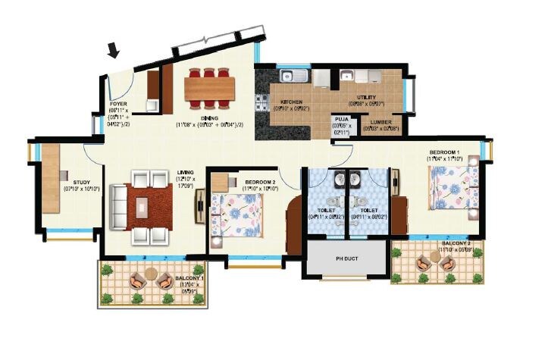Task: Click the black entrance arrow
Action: [114, 51]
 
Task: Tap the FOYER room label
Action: [117, 103]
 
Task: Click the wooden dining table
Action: [209, 86]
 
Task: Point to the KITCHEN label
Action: [293, 102]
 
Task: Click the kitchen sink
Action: [292, 76]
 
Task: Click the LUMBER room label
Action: [380, 121]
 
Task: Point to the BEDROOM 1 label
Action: [443, 152]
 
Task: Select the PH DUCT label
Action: [346, 258]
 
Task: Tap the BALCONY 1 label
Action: [188, 279]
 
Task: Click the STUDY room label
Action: [82, 182]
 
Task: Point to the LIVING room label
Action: [185, 172]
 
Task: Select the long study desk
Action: [51, 179]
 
